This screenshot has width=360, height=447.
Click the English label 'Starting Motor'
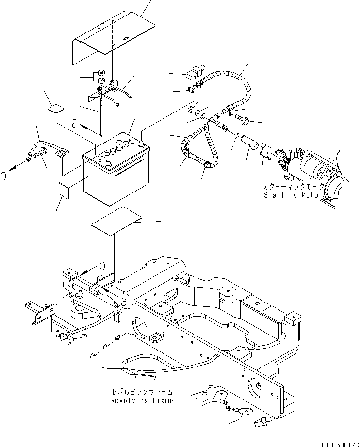click(293, 195)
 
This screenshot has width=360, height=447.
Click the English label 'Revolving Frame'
click(141, 401)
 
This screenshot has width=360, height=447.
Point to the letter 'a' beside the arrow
click(74, 124)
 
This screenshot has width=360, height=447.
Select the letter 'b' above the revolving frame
click(102, 265)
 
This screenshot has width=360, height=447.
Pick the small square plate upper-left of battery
click(58, 106)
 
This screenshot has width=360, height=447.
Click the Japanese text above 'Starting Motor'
click(292, 187)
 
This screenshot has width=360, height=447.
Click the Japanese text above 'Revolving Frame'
click(141, 392)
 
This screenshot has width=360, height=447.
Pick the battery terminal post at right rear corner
click(141, 144)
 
